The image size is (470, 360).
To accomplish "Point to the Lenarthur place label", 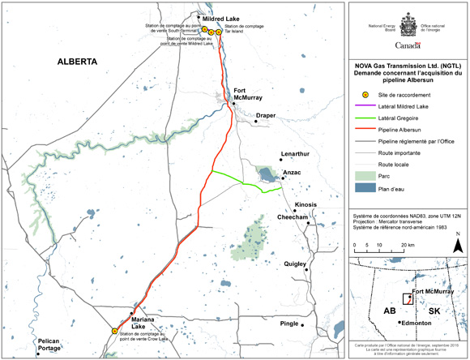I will click(x=295, y=153).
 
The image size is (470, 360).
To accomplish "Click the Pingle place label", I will click(x=290, y=324).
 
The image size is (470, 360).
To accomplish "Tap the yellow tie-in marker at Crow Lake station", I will click(x=114, y=331).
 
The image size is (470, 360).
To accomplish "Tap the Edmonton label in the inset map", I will click(x=420, y=322).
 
